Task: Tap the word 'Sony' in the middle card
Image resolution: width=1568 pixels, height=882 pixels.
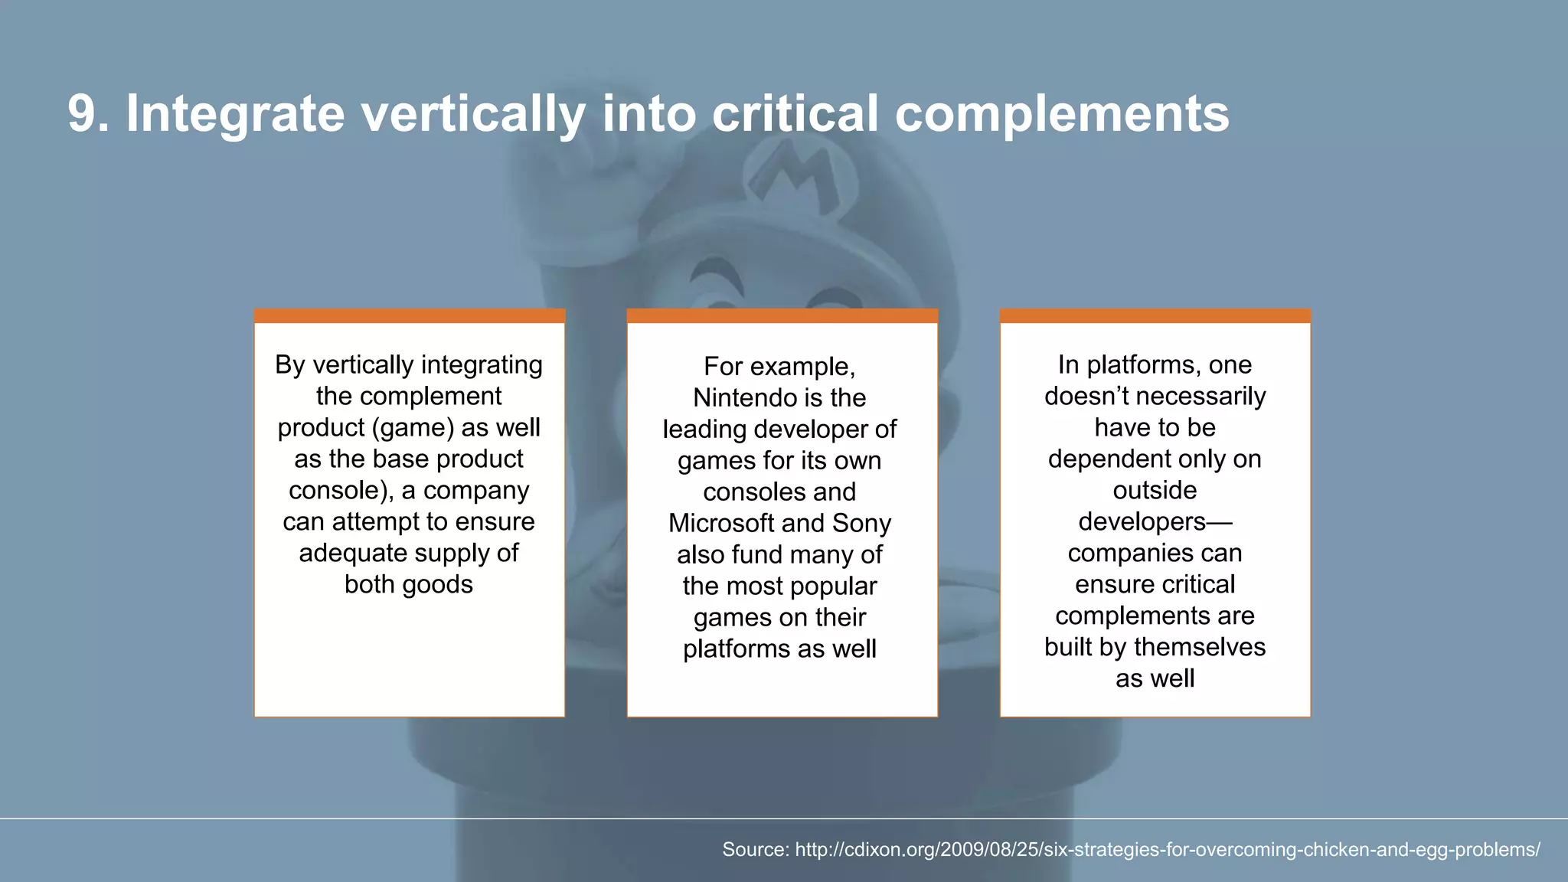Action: tap(861, 524)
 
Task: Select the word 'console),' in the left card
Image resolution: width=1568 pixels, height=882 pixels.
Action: tap(340, 491)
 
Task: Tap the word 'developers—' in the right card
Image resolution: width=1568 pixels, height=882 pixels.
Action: tap(1155, 522)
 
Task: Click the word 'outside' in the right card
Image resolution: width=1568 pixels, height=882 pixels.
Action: tap(1155, 491)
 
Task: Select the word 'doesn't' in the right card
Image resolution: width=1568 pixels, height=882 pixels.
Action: tap(1086, 397)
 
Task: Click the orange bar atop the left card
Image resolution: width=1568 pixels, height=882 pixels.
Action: tap(410, 316)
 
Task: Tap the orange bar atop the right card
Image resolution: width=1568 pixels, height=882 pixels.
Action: tap(1155, 316)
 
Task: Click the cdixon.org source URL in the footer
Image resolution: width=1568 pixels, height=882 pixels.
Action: tap(1167, 850)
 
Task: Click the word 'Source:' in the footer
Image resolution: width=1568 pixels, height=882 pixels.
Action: tap(755, 850)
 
